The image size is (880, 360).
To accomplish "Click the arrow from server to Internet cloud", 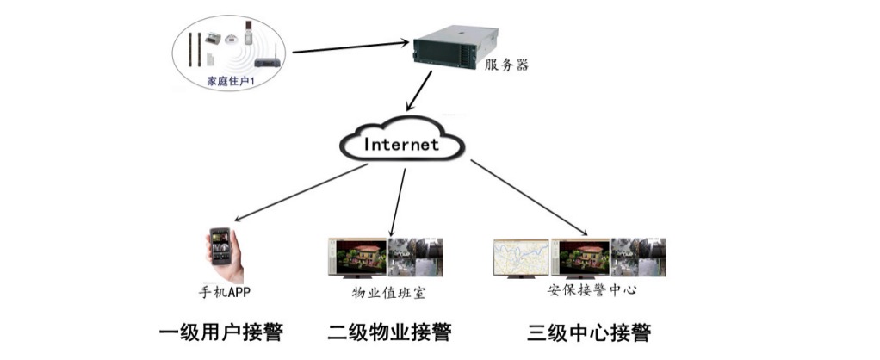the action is (x=419, y=90).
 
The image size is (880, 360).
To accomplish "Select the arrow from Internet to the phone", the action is (x=301, y=193).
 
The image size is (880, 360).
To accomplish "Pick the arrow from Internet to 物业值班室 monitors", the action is (x=397, y=201).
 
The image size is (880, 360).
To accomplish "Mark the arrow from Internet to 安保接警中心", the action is (x=529, y=197).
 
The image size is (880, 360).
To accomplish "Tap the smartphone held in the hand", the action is (x=220, y=247).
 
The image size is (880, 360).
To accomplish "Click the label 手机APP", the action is (x=224, y=292).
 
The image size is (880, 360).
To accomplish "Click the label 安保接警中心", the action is (x=592, y=291).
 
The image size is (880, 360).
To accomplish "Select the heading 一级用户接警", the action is (x=221, y=332).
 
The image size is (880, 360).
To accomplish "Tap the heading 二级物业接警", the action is (x=389, y=332).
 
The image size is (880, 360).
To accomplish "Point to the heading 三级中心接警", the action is (x=589, y=332).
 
